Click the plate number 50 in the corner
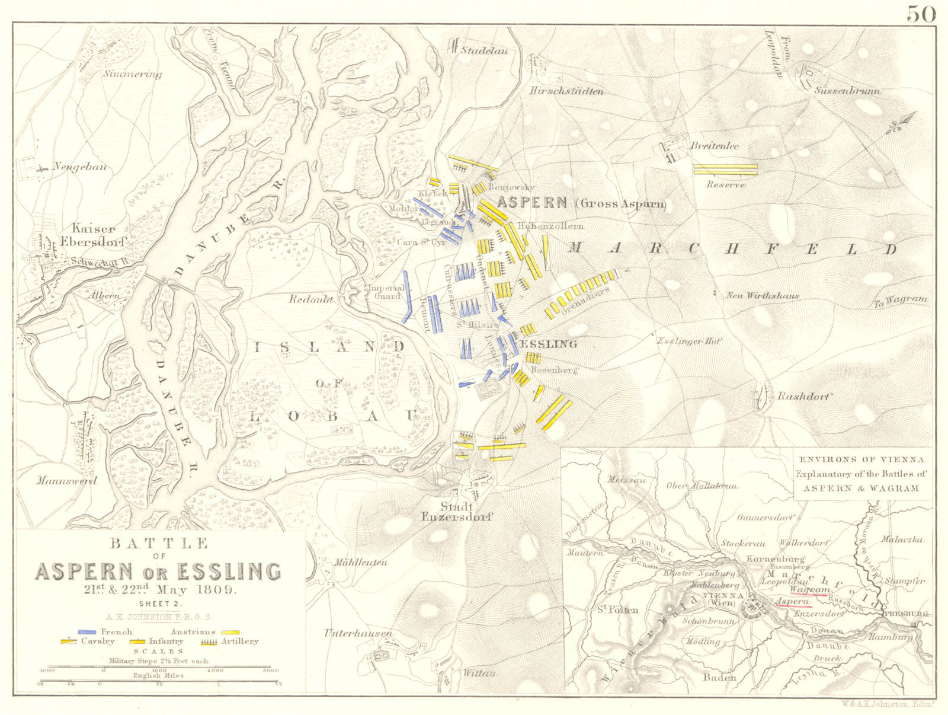[x=921, y=12]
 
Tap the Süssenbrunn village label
[x=847, y=91]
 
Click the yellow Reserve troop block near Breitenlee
[x=725, y=170]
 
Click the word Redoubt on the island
[x=310, y=299]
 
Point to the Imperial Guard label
[x=386, y=292]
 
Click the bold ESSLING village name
[x=549, y=344]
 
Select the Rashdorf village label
[x=804, y=397]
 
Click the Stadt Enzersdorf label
[x=456, y=511]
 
